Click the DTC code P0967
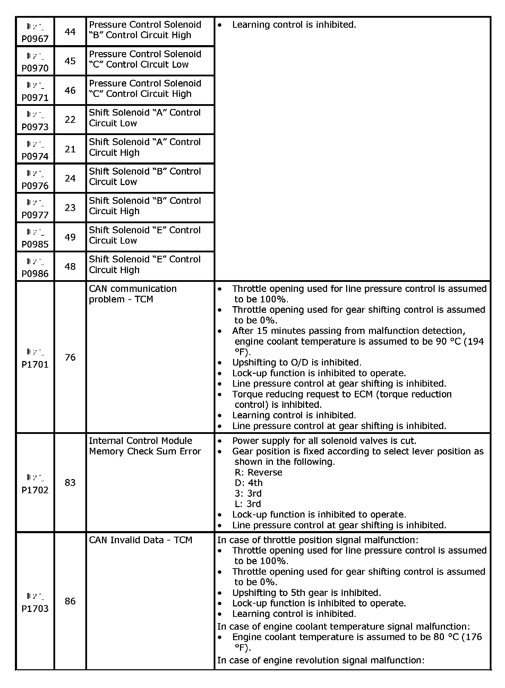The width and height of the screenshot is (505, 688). (35, 39)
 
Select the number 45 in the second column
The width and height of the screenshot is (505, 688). (70, 61)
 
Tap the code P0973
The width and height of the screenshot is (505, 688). (35, 127)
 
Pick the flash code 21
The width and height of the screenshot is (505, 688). (70, 149)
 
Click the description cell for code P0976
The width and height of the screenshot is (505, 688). (145, 177)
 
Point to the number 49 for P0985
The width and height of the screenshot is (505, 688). (70, 237)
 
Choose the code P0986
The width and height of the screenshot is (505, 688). (35, 274)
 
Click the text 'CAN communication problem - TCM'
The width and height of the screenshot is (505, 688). (132, 294)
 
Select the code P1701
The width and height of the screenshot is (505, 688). (35, 364)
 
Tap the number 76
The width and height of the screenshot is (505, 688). (70, 358)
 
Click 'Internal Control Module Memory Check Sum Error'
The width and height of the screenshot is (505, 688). (145, 446)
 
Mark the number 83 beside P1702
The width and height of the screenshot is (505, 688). (70, 483)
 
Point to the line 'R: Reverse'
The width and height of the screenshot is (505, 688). (258, 472)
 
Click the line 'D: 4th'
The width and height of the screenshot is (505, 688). (249, 483)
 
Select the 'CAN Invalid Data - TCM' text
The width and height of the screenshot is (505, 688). (140, 540)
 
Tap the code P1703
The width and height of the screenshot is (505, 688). (35, 609)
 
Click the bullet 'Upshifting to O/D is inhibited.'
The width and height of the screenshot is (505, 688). (297, 363)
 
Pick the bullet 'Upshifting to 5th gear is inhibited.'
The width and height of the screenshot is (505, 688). (306, 593)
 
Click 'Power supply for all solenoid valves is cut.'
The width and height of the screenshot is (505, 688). (324, 441)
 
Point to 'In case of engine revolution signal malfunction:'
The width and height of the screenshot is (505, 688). (321, 660)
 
